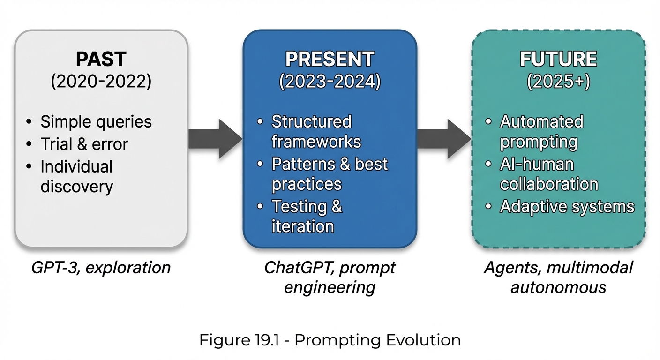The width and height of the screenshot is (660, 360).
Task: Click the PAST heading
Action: pyautogui.click(x=101, y=60)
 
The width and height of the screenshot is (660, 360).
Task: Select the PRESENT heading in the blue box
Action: pyautogui.click(x=330, y=60)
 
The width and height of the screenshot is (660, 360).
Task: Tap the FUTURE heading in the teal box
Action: pyautogui.click(x=558, y=60)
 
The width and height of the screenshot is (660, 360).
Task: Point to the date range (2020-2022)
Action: pyautogui.click(x=101, y=82)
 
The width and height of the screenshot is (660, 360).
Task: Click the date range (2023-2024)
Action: pyautogui.click(x=330, y=82)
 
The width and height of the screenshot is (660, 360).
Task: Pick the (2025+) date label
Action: pyautogui.click(x=558, y=82)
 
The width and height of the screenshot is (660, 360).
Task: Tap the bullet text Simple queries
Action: pyautogui.click(x=96, y=122)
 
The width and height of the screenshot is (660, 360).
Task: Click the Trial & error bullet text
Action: pyautogui.click(x=84, y=144)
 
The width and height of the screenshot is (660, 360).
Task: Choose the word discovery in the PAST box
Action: pyautogui.click(x=77, y=187)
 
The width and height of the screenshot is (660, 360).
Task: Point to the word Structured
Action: pyautogui.click(x=311, y=122)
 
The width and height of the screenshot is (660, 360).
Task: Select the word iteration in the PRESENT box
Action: pyautogui.click(x=303, y=226)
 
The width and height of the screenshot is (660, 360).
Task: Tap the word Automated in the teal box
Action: pyautogui.click(x=541, y=122)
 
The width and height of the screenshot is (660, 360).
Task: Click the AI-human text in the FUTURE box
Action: pyautogui.click(x=537, y=164)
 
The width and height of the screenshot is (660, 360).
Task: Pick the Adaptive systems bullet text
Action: pyautogui.click(x=567, y=207)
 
